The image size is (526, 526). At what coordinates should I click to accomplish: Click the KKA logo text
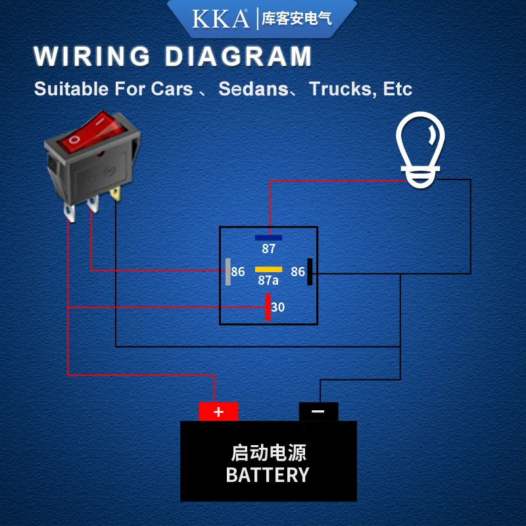pyautogui.click(x=220, y=19)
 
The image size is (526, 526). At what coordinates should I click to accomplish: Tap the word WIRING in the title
pyautogui.click(x=92, y=56)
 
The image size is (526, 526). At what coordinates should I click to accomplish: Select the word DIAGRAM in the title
pyautogui.click(x=239, y=56)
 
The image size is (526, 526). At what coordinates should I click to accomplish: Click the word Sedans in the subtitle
pyautogui.click(x=254, y=89)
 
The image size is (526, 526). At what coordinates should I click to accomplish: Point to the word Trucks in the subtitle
pyautogui.click(x=339, y=89)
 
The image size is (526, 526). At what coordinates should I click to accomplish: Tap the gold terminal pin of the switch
pyautogui.click(x=116, y=193)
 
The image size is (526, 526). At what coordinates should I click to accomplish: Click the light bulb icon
pyautogui.click(x=420, y=150)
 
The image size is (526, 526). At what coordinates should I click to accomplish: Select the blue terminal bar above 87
pyautogui.click(x=268, y=237)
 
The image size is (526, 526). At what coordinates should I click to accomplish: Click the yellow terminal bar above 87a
pyautogui.click(x=268, y=269)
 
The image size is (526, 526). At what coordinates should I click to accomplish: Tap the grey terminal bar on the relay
pyautogui.click(x=228, y=272)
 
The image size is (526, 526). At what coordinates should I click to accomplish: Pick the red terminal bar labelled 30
pyautogui.click(x=268, y=307)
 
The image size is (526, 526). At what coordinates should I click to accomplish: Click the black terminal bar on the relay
pyautogui.click(x=310, y=272)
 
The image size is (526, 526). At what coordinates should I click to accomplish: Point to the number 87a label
pyautogui.click(x=268, y=280)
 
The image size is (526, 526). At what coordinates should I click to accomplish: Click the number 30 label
pyautogui.click(x=277, y=307)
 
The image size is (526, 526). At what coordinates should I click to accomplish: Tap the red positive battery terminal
pyautogui.click(x=218, y=412)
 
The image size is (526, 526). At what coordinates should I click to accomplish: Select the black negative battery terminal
pyautogui.click(x=318, y=412)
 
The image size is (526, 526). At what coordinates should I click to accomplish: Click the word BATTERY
pyautogui.click(x=268, y=475)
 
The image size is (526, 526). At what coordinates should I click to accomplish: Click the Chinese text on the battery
pyautogui.click(x=268, y=452)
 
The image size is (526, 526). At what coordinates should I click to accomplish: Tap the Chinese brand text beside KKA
pyautogui.click(x=297, y=18)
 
